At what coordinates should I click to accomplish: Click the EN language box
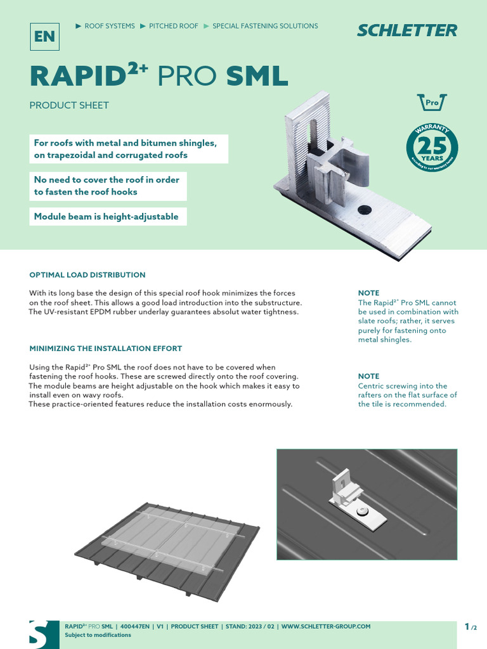pos(44,36)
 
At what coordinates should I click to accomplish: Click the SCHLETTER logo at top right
pos(406,30)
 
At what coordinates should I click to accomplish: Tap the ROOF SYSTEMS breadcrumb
pos(109,26)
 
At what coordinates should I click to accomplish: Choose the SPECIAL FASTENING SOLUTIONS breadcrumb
pos(265,26)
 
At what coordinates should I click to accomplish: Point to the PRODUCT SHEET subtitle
pos(69,105)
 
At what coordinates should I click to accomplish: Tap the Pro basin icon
pos(432,102)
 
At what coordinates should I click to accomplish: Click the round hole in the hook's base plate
pos(364,209)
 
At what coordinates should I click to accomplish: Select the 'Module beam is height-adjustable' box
pos(106,217)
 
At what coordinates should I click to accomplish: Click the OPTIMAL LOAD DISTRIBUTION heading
pos(88,275)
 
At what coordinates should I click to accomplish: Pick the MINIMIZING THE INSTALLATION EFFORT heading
pos(106,349)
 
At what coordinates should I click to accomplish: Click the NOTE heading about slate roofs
pos(368,293)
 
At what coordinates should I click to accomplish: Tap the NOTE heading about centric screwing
pos(368,376)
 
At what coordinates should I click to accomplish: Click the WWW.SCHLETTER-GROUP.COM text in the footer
pos(326,626)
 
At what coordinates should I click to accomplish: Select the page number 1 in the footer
pos(467,627)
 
